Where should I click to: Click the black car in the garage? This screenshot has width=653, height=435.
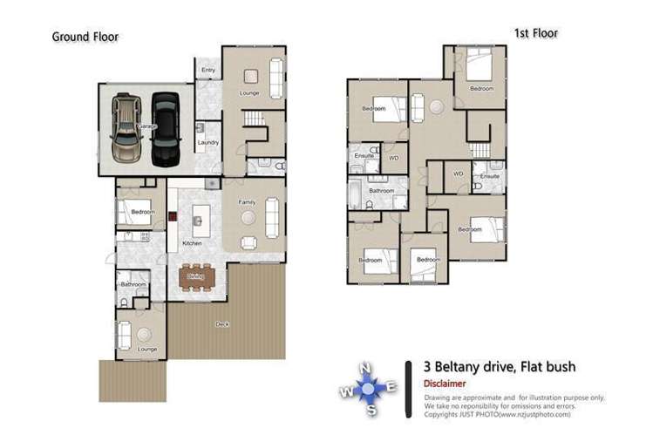[x=164, y=129]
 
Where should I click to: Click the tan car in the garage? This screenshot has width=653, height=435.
[x=126, y=128]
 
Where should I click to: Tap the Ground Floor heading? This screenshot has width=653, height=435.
[x=85, y=37]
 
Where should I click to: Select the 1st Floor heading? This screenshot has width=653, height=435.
[x=534, y=33]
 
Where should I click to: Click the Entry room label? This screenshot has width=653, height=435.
[x=208, y=70]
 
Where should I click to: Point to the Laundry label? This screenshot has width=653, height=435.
[x=207, y=142]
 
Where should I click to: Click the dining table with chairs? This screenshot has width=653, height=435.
[x=196, y=277]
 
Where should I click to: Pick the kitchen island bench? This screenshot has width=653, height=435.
[x=201, y=216]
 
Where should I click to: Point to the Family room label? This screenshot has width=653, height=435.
[x=246, y=201]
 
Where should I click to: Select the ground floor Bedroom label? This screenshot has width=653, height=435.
[x=141, y=212]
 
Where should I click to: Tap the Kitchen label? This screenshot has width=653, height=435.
[x=191, y=242]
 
